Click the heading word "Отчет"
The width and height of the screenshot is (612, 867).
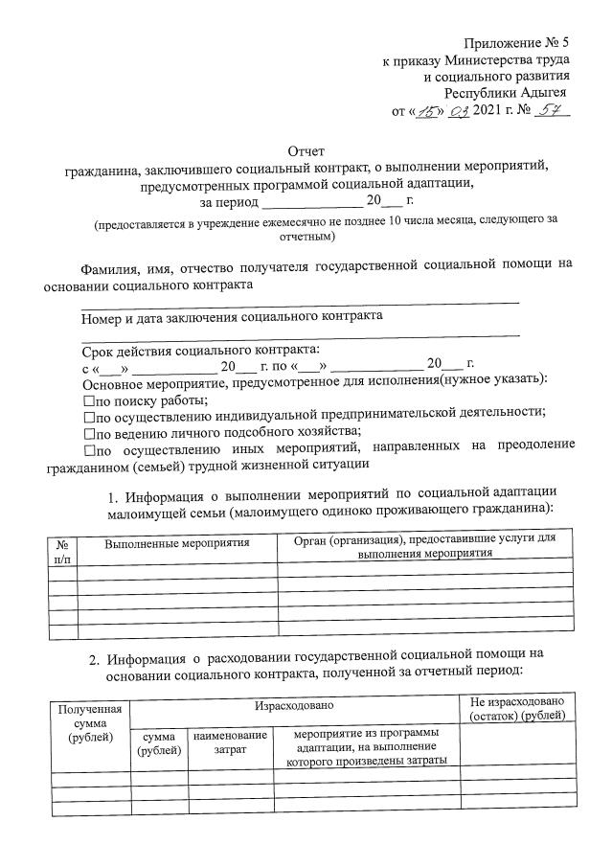coord(306,150)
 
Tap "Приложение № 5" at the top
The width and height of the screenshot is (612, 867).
coord(516,43)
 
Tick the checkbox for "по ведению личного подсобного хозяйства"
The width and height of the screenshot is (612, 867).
coord(89,431)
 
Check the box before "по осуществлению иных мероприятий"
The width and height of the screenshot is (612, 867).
coord(89,446)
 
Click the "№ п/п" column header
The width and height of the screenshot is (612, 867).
coord(61,549)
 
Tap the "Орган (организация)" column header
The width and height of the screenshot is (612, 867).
coord(425,547)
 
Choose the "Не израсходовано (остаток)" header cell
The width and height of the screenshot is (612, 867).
coord(517,710)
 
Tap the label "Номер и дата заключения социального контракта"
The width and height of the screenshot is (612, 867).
coord(232,315)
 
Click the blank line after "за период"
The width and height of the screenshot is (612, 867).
coord(311,202)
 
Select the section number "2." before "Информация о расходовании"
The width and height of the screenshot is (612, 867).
coord(95,658)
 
